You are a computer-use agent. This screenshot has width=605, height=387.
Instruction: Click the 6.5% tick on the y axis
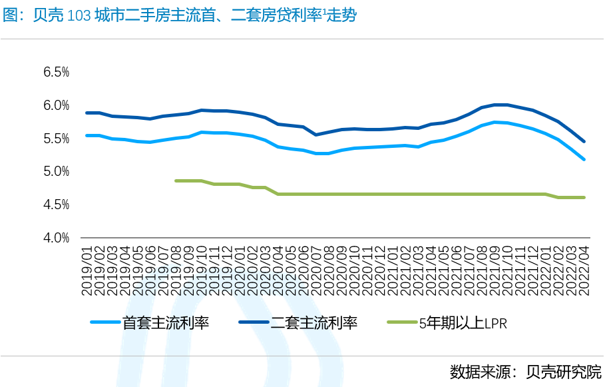pyautogui.click(x=56, y=72)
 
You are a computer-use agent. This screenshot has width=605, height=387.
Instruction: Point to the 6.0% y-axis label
pyautogui.click(x=56, y=105)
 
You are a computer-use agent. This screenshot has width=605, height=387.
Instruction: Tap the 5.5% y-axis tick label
pyautogui.click(x=56, y=139)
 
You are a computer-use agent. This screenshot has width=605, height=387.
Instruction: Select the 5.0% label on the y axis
pyautogui.click(x=56, y=171)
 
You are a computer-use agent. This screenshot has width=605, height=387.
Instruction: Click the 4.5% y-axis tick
pyautogui.click(x=56, y=204)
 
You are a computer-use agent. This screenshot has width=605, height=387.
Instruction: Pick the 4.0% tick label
pyautogui.click(x=56, y=237)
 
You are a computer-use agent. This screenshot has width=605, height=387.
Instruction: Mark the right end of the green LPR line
pyautogui.click(x=584, y=197)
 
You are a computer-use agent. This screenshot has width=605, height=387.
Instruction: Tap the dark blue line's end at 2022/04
pyautogui.click(x=584, y=141)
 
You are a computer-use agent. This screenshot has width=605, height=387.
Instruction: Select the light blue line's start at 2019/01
pyautogui.click(x=87, y=135)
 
